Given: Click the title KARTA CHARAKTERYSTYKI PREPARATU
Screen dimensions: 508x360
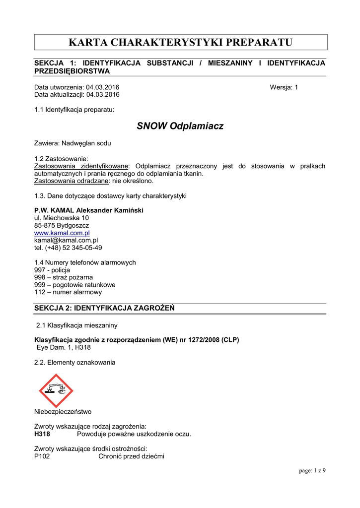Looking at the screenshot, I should click(180, 42).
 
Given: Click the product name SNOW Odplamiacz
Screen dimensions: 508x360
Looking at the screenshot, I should click(180, 126).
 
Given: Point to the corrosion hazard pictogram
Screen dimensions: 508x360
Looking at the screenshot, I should click(56, 390).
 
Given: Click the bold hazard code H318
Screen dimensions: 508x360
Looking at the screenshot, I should click(42, 434).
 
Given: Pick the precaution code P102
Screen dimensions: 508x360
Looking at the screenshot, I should click(42, 457).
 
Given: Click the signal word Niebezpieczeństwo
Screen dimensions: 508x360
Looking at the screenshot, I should click(63, 412).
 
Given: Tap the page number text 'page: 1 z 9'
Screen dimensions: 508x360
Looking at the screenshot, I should click(312, 470).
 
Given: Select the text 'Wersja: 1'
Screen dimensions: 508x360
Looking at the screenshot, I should click(284, 87).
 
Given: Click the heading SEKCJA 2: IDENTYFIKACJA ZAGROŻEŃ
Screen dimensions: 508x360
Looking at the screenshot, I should click(104, 309).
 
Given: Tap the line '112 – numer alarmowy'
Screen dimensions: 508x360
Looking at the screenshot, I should click(68, 292).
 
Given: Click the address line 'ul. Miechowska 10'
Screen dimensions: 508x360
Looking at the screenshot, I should click(62, 218).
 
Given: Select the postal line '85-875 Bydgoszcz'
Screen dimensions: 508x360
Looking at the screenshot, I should click(62, 225).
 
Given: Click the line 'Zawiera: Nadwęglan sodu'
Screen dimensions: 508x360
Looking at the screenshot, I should click(72, 143).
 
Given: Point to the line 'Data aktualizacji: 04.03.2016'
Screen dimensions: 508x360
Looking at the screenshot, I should click(77, 95).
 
